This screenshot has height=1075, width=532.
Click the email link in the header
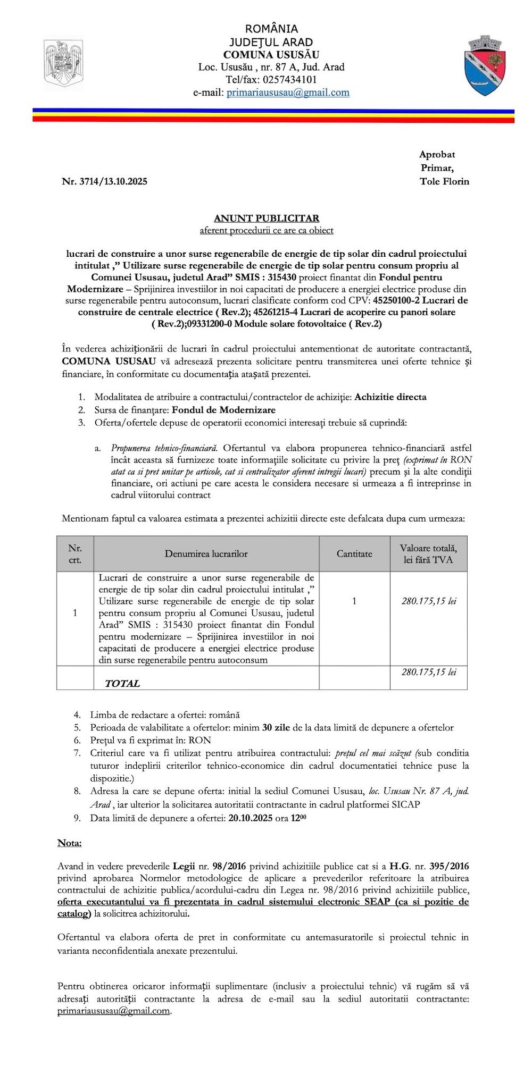288,93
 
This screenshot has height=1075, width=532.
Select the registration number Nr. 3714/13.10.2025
104,181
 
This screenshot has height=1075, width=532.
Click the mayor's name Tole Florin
444,181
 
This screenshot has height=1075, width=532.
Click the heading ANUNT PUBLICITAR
266,218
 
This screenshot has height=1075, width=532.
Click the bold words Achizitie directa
390,397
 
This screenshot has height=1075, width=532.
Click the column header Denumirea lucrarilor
206,553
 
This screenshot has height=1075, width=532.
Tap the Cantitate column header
354,553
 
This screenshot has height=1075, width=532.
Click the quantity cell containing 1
354,601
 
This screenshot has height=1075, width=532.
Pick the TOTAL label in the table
122,683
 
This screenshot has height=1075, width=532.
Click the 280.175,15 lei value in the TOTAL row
429,672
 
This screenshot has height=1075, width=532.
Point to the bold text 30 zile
276,727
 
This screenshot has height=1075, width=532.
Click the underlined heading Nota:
70,843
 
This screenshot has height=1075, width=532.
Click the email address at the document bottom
114,1011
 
